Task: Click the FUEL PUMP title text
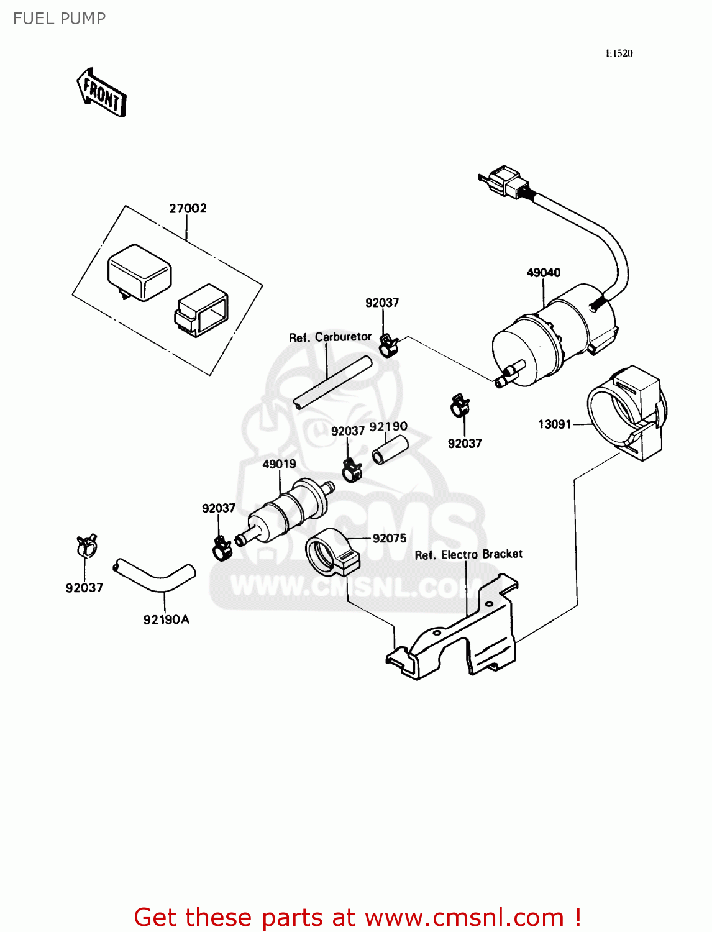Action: click(x=60, y=19)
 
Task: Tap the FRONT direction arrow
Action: click(x=102, y=93)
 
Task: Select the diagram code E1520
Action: click(x=619, y=53)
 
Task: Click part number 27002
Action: click(x=188, y=209)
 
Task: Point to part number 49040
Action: click(x=543, y=273)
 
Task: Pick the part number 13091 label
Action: click(x=554, y=424)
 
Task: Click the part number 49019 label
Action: click(x=279, y=464)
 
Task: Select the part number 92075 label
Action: click(x=390, y=539)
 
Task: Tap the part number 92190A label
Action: click(x=166, y=619)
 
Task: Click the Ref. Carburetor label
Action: click(x=330, y=337)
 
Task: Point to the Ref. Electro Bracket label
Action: click(x=468, y=554)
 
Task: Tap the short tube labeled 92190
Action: click(x=390, y=449)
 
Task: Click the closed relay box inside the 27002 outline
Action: click(x=139, y=272)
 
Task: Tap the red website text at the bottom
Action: click(x=357, y=917)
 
